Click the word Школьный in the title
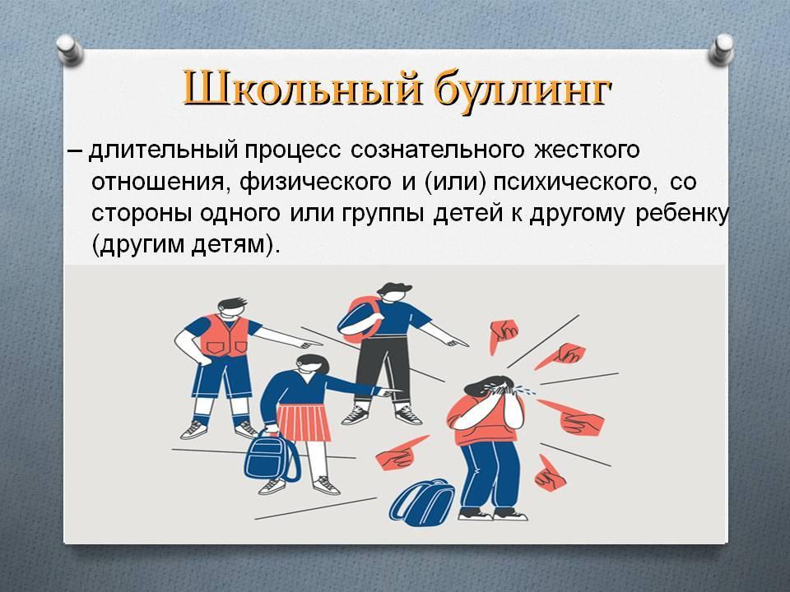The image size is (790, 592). pyautogui.click(x=301, y=89)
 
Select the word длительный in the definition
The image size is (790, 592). pyautogui.click(x=163, y=151)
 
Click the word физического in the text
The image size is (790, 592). pyautogui.click(x=315, y=183)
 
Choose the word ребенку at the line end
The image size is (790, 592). pyautogui.click(x=681, y=215)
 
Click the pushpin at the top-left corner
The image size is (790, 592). pyautogui.click(x=69, y=49)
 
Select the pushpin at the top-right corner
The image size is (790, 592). pyautogui.click(x=721, y=49)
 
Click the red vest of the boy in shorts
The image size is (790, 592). pyautogui.click(x=224, y=336)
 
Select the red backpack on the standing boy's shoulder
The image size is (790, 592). pyautogui.click(x=357, y=317)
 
